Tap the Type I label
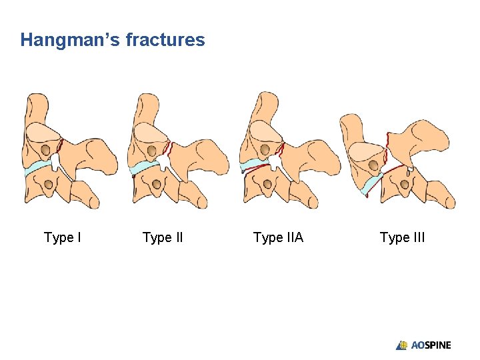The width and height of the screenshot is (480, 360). tap(63, 237)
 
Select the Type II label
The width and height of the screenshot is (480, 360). tap(163, 237)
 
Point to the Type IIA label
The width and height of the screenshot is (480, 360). tap(278, 237)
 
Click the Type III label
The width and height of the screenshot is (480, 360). tap(402, 237)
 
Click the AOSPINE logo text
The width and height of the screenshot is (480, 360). tap(431, 345)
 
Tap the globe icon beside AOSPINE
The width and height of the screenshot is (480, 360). tap(402, 345)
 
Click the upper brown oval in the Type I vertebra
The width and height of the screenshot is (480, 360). tap(49, 150)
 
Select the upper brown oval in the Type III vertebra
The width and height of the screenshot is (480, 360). tap(374, 164)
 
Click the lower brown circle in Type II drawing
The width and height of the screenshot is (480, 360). tap(157, 183)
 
